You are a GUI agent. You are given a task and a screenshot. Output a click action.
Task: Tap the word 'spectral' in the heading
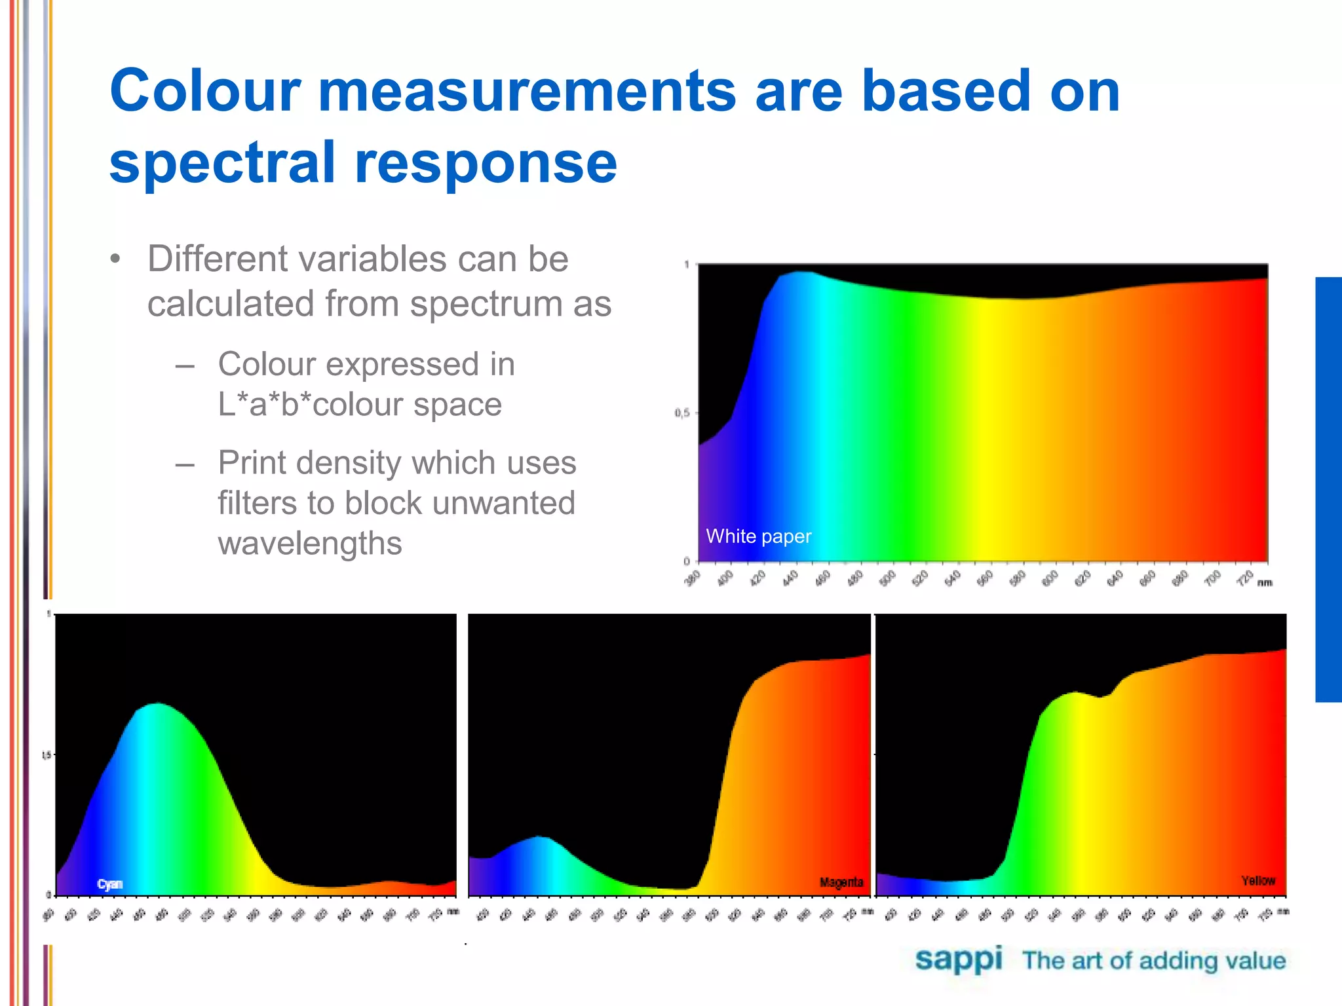pos(223,164)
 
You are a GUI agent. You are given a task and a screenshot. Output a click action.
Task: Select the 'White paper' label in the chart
pos(758,536)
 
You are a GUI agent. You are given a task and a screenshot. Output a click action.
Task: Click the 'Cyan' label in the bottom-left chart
pos(109,884)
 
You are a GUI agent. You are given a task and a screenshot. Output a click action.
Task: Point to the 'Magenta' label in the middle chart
pos(841,882)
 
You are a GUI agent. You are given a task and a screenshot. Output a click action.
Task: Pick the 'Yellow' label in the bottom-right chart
pos(1257,880)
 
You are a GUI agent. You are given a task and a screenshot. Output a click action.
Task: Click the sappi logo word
pos(958,959)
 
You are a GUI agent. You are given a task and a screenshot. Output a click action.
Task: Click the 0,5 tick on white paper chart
pos(681,413)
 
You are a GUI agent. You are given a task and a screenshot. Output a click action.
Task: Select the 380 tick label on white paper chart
pos(693,578)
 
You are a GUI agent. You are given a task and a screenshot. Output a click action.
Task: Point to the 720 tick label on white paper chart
pos(1246,578)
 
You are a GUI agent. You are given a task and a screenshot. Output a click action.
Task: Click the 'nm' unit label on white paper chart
pos(1265,583)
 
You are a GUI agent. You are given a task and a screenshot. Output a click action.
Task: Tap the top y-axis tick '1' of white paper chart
pos(686,265)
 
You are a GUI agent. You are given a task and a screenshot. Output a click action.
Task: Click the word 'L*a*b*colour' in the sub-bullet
pos(359,404)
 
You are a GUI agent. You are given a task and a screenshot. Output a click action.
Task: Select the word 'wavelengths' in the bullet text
pos(309,544)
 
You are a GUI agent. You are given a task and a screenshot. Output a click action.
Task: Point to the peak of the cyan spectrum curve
pos(157,704)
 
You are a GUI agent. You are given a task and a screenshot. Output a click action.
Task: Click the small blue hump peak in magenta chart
pos(539,837)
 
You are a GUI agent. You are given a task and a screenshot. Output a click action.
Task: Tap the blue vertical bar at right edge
pos(1328,489)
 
